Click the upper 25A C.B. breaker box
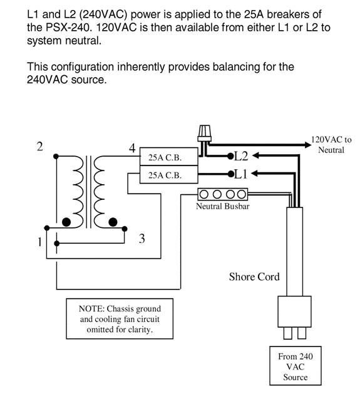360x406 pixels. [169, 157]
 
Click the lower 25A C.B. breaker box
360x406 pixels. [169, 175]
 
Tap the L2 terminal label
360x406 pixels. [241, 156]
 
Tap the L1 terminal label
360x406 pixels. [241, 174]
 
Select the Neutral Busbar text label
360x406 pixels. [222, 206]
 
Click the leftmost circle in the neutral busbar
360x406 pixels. [204, 194]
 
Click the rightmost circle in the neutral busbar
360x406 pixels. [242, 194]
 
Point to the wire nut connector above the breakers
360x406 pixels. [205, 133]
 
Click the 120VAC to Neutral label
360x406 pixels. [331, 145]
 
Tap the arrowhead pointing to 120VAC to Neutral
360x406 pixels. [308, 145]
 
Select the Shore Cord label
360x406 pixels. [254, 277]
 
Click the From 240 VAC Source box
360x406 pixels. [296, 366]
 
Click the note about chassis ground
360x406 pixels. [120, 319]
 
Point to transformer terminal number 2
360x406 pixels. [39, 147]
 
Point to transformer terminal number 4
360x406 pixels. [132, 148]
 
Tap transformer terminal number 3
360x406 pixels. [142, 239]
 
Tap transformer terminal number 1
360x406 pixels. [39, 242]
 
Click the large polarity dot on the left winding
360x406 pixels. [66, 222]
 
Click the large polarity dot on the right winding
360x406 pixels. [113, 222]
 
